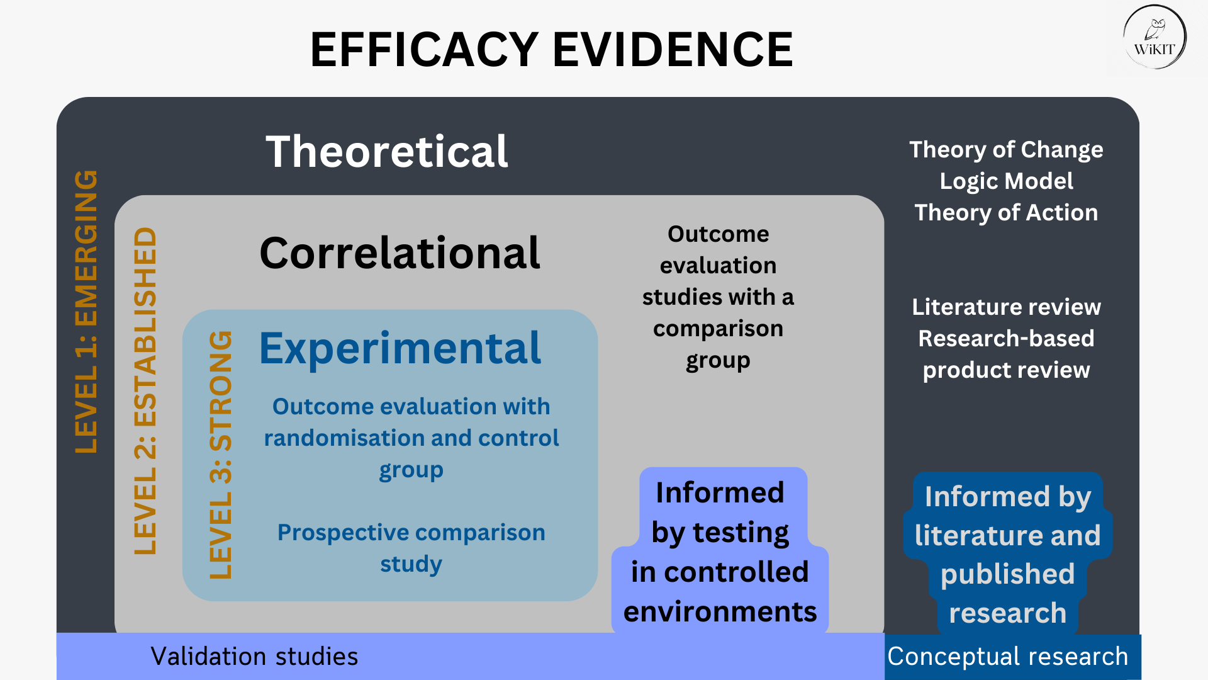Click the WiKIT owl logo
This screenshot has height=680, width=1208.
click(1155, 38)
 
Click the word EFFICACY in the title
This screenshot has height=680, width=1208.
click(424, 50)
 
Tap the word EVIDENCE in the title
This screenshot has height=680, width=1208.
click(673, 50)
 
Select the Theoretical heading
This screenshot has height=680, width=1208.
click(386, 152)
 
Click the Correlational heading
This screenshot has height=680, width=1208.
click(400, 253)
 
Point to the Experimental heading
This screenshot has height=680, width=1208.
click(400, 348)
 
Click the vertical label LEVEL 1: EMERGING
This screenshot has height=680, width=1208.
click(86, 312)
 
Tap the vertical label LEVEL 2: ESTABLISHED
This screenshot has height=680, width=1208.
click(145, 390)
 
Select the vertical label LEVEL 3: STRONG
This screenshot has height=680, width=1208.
click(221, 455)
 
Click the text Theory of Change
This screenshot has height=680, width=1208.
click(1006, 150)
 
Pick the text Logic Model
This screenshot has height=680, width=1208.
click(1006, 181)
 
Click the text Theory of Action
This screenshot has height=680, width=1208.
click(1006, 213)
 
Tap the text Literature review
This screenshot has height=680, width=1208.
click(1006, 307)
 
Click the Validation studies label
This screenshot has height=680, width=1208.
click(254, 657)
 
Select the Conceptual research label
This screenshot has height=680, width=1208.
click(1007, 657)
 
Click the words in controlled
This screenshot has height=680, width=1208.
click(720, 572)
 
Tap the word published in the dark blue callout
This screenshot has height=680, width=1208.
click(1007, 574)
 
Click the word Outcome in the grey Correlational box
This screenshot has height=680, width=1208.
click(718, 234)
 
